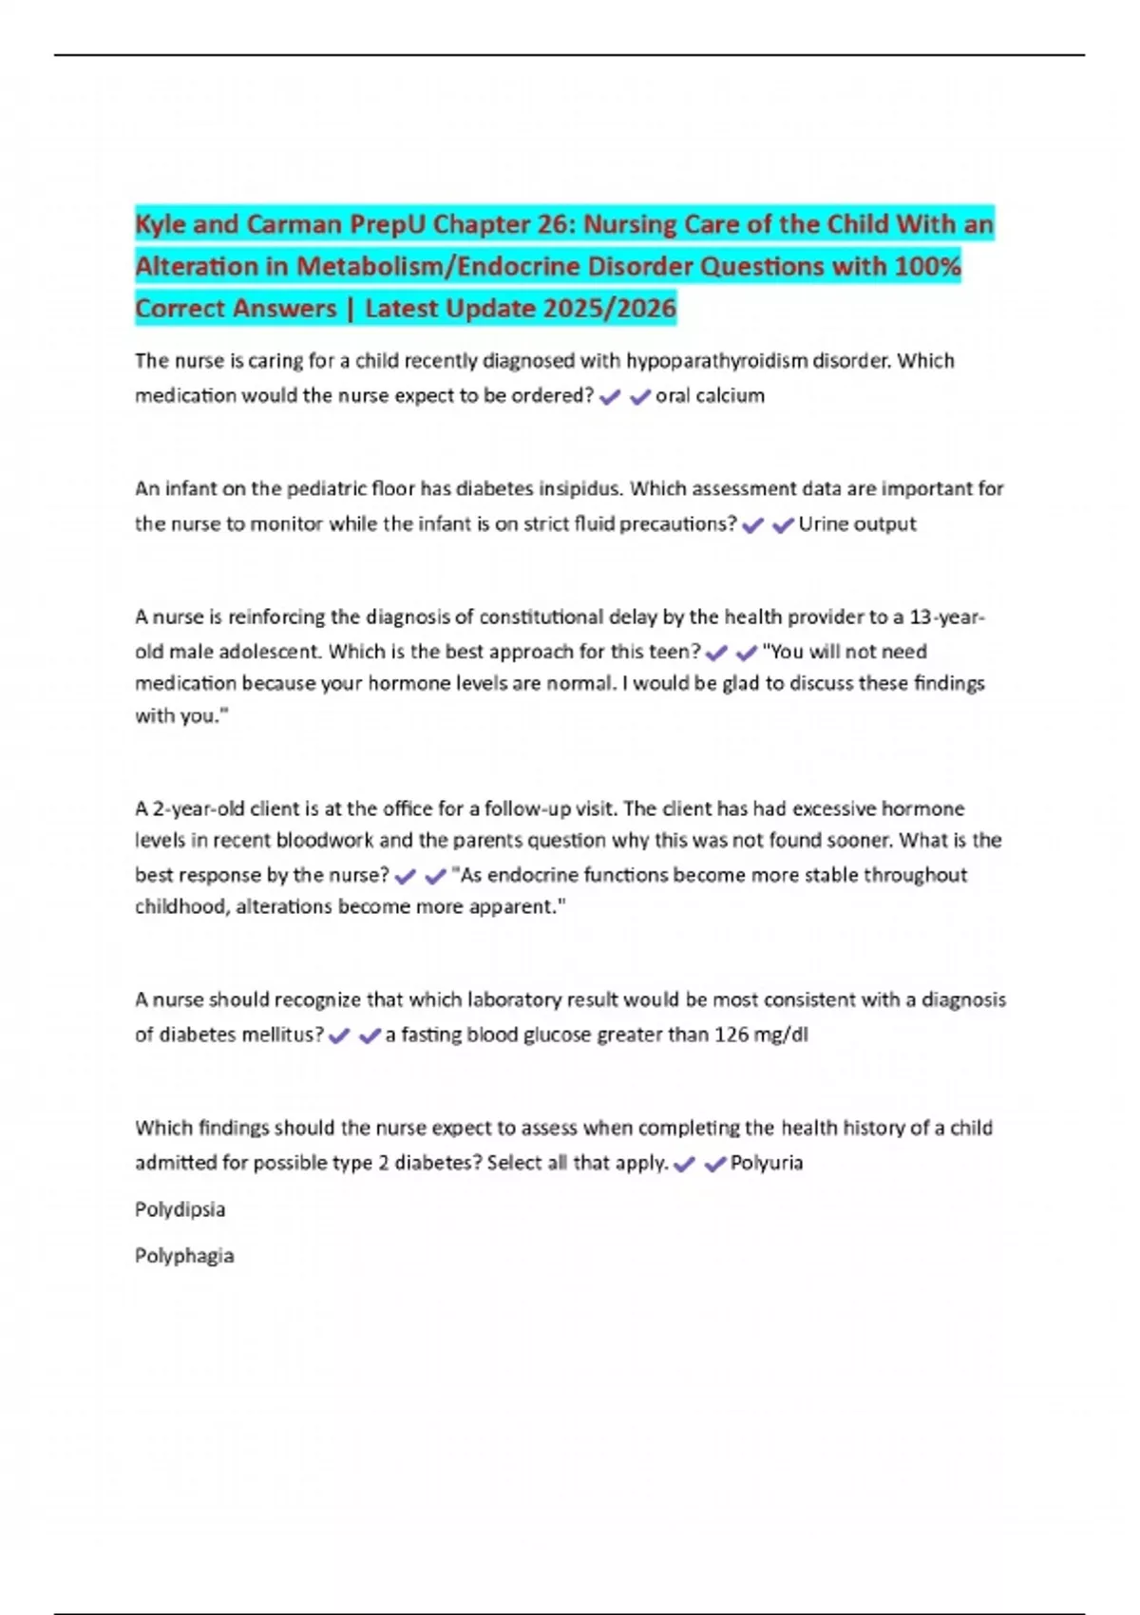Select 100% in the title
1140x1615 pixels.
point(927,267)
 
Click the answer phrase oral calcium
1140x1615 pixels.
point(710,396)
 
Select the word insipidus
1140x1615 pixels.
point(580,489)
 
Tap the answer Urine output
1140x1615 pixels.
point(857,524)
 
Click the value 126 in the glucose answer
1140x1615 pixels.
point(731,1035)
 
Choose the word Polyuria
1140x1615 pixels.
point(766,1164)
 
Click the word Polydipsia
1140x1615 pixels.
point(180,1210)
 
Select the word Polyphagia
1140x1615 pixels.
point(184,1256)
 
